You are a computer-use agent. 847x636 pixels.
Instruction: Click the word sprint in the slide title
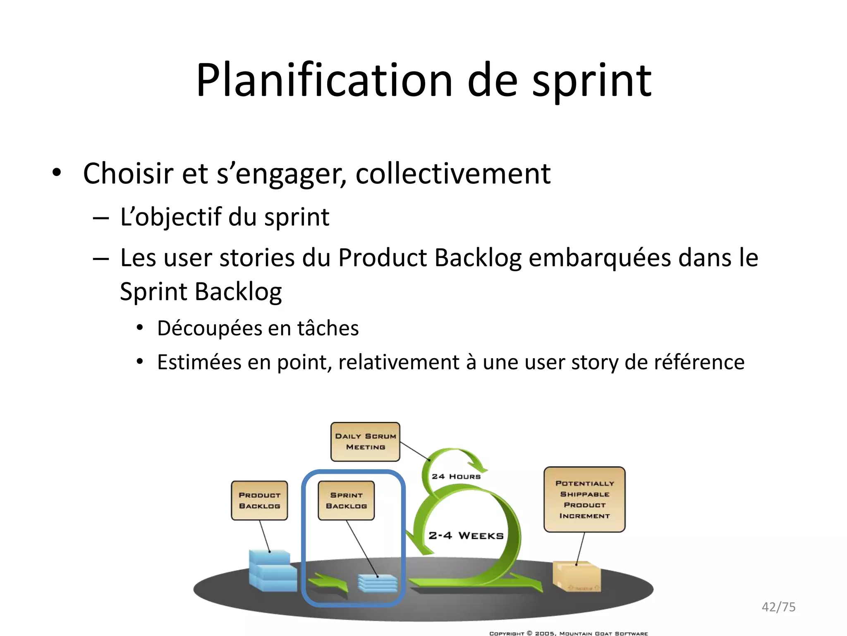[591, 81]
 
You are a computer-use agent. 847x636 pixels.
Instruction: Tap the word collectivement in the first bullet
[453, 173]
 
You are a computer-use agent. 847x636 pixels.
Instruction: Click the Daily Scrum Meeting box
[365, 442]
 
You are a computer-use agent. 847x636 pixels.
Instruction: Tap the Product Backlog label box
[259, 500]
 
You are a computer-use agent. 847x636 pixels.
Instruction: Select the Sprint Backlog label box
[346, 500]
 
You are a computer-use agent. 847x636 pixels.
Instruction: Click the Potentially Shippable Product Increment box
[584, 499]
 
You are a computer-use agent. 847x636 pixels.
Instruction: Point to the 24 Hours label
[456, 477]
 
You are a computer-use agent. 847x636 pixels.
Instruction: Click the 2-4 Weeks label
[466, 536]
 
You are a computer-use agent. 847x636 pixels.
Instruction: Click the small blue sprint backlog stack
[377, 583]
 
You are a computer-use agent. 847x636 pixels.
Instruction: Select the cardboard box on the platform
[577, 576]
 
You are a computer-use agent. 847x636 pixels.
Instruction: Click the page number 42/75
[778, 607]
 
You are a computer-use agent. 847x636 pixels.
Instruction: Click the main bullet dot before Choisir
[57, 173]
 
